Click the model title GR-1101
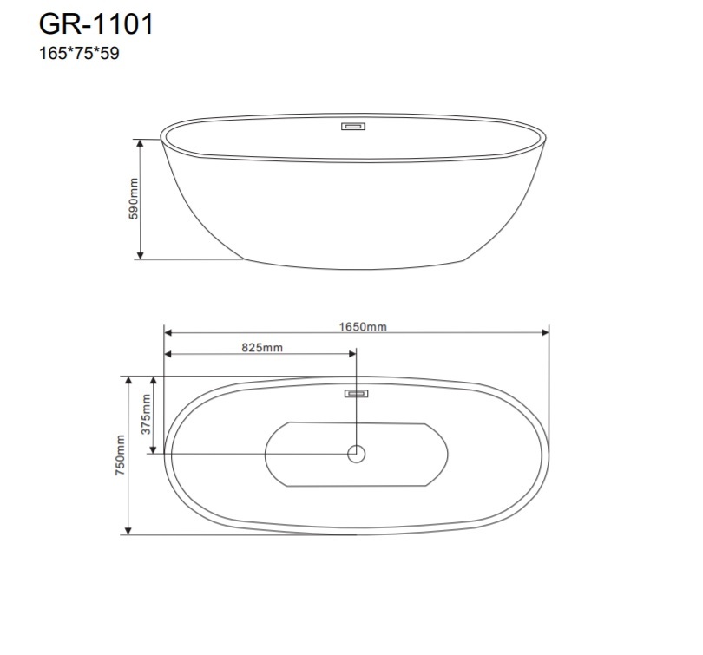[x=96, y=23]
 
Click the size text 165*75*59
[x=79, y=53]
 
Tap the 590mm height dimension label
[x=134, y=199]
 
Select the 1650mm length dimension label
[x=363, y=326]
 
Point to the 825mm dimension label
[x=262, y=348]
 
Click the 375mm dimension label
[x=146, y=414]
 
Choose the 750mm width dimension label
[x=121, y=455]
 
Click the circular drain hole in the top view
[x=357, y=454]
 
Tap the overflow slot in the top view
[x=357, y=393]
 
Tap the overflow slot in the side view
[x=353, y=127]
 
